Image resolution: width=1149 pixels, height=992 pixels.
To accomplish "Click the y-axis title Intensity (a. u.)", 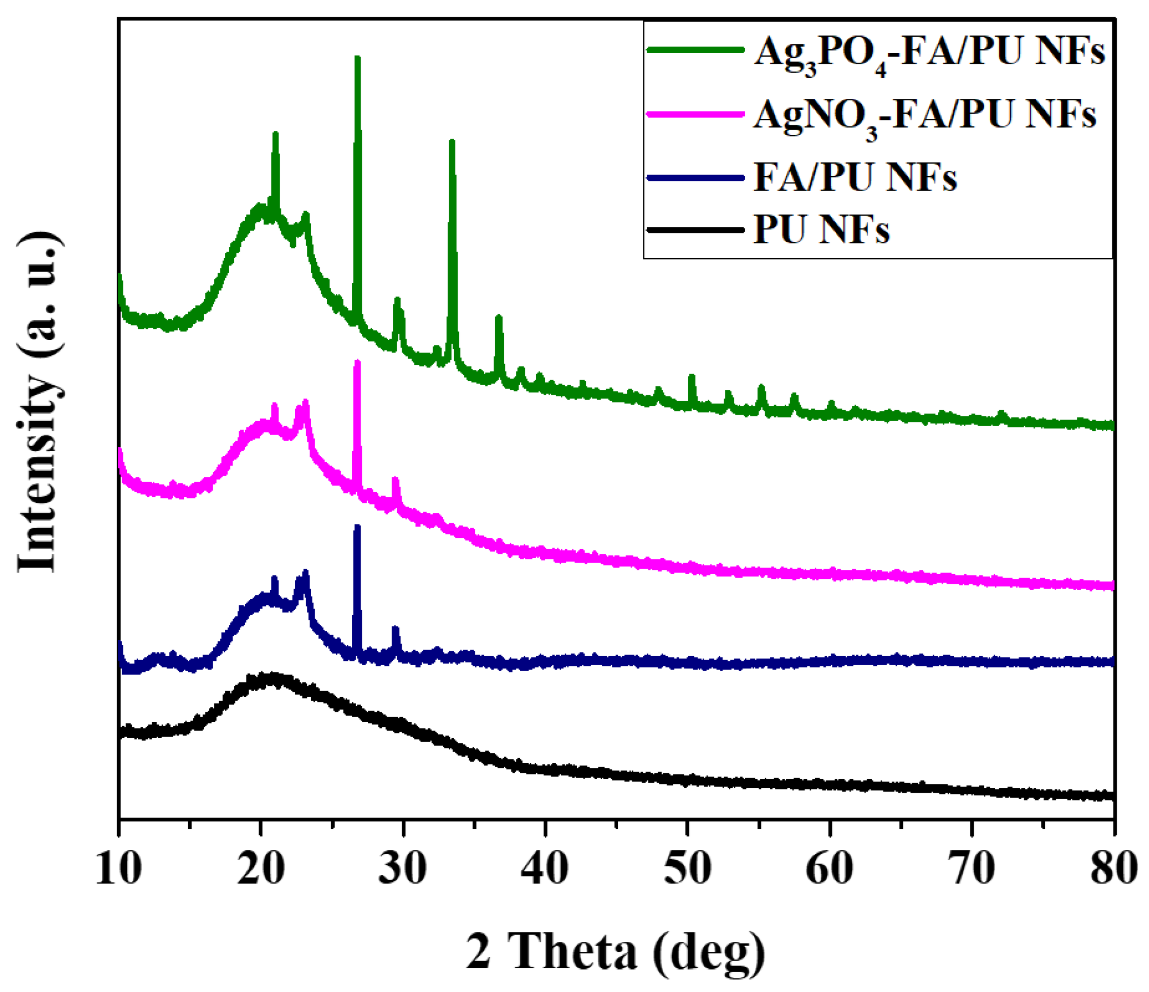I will point(39,401).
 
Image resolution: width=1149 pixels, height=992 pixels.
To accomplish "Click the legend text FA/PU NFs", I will point(855,178).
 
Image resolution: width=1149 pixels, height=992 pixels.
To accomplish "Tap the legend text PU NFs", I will point(821,229).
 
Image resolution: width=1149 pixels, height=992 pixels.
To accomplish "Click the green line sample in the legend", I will point(695,49).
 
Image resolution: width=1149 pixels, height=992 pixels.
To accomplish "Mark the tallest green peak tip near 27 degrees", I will point(357,58).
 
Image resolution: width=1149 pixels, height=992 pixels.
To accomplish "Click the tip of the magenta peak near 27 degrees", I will point(357,362).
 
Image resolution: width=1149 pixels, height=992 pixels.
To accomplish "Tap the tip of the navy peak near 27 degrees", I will point(357,526).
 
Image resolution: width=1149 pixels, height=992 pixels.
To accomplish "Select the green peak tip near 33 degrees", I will point(452,141).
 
